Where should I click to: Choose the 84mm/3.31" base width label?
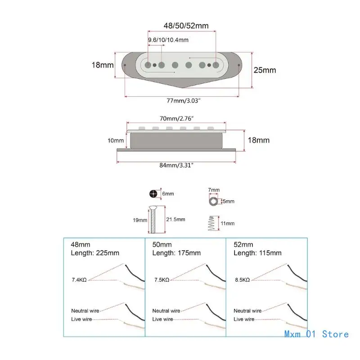click(176, 165)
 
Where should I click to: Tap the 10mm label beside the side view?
click(116, 140)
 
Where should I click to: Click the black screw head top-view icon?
click(154, 194)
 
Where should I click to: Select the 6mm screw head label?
click(167, 194)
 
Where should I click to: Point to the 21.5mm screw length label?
click(176, 219)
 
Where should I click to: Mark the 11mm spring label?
click(227, 223)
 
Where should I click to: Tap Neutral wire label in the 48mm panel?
click(85, 310)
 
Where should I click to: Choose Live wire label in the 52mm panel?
click(244, 319)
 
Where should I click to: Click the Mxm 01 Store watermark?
click(316, 334)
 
